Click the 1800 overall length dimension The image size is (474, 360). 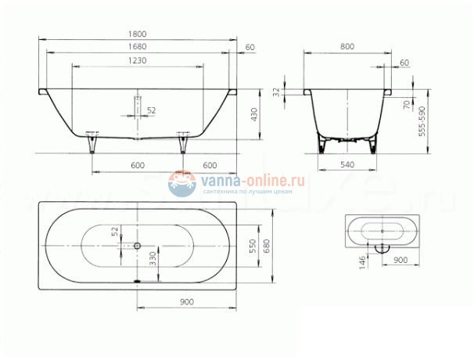point(138,34)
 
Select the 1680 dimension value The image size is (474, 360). point(138,48)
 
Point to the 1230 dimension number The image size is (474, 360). point(138,61)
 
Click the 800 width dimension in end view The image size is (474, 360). point(347,48)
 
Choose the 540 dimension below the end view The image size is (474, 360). point(347,165)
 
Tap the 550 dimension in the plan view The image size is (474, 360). point(253,245)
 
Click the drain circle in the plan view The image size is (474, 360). point(138,245)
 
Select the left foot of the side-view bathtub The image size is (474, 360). point(93,144)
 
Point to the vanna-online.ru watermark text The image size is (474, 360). point(252,180)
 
